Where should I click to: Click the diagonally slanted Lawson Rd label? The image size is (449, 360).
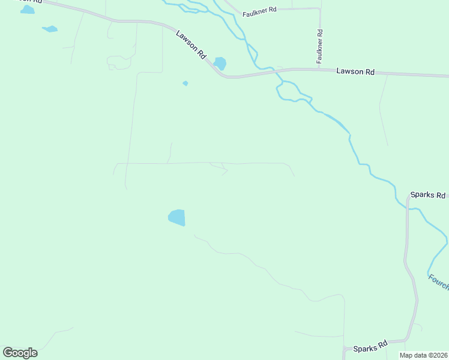point(191,45)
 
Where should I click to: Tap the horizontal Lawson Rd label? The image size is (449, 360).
point(355,71)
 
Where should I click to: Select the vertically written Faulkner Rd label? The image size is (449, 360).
point(320,47)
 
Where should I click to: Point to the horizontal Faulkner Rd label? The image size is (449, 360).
point(260,11)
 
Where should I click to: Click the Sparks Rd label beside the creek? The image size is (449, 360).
point(428,196)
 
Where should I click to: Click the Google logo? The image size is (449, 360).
point(20,353)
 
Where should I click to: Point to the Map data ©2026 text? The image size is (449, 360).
point(423,355)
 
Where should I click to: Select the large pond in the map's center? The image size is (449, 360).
point(177,217)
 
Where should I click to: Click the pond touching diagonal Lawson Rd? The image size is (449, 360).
point(220,63)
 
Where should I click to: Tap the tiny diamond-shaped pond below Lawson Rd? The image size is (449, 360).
point(185,83)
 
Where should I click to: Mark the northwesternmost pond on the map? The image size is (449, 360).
point(27,10)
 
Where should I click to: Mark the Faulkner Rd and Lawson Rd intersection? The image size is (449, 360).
point(320,70)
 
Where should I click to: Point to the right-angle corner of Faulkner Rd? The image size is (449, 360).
point(319,9)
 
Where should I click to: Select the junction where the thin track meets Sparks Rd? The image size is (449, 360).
point(344,348)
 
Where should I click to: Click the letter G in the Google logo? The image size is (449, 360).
point(8,353)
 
